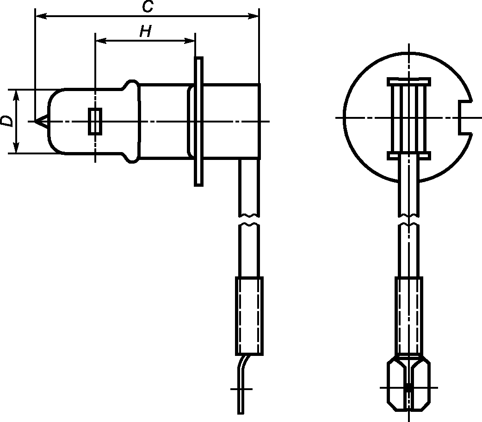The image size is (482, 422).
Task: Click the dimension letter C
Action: tap(148, 6)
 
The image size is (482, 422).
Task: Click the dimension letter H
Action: tap(146, 31)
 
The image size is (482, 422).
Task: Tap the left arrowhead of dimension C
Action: tap(41, 16)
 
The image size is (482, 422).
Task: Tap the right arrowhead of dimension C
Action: tap(253, 16)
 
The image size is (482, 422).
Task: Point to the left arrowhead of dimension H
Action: tap(101, 41)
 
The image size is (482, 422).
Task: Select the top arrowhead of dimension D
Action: tap(16, 95)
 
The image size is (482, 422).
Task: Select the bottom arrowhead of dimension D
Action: tap(16, 147)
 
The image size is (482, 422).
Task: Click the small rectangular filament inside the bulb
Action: tap(95, 121)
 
